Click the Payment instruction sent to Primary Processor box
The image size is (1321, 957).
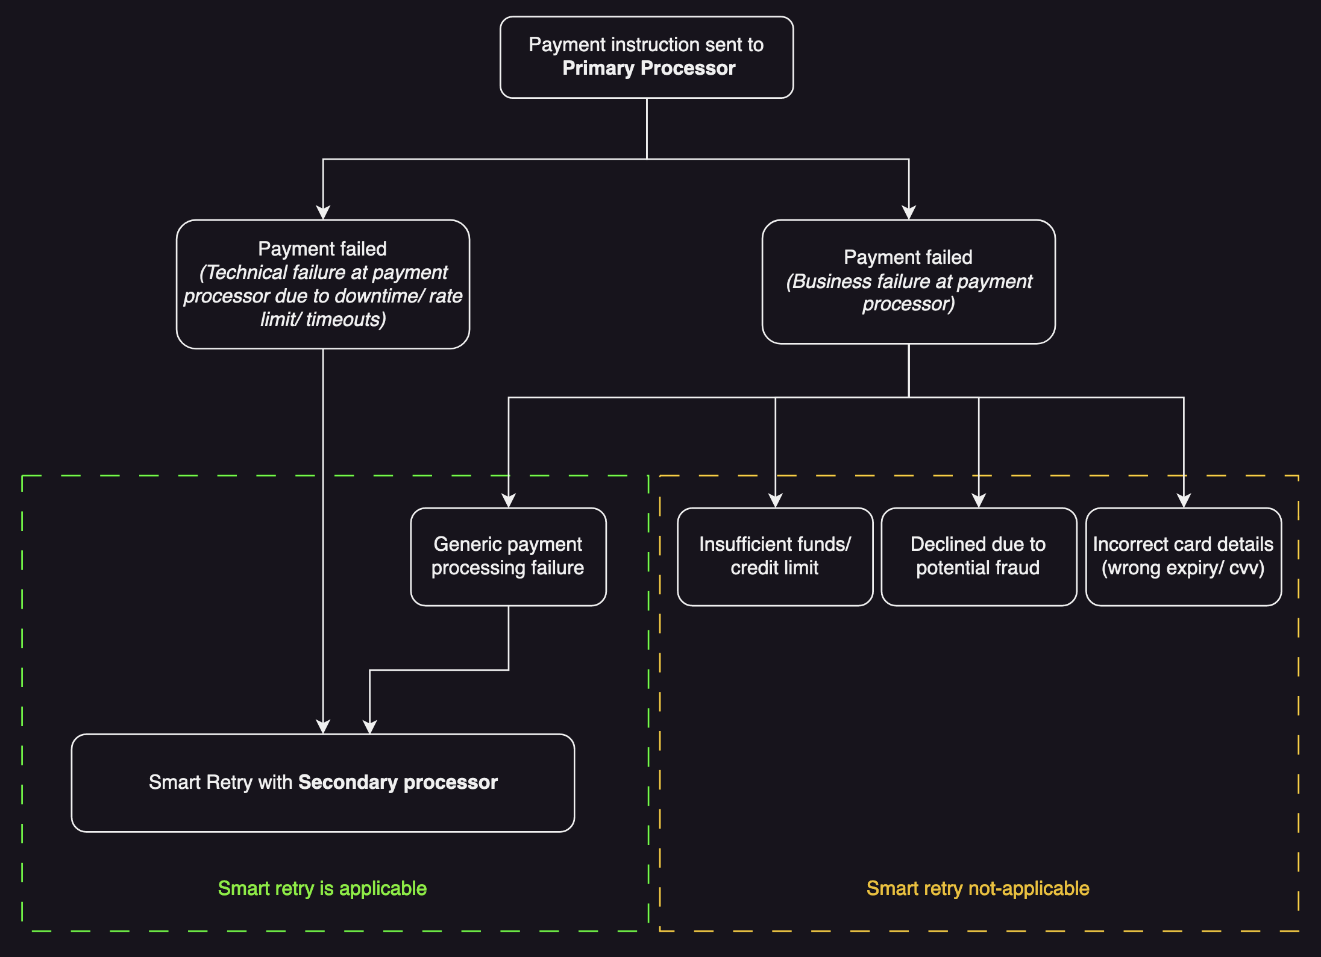pyautogui.click(x=647, y=57)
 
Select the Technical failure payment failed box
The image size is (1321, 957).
pyautogui.click(x=323, y=284)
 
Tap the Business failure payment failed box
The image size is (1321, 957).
pyautogui.click(x=908, y=281)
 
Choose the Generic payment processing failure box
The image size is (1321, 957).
pyautogui.click(x=508, y=556)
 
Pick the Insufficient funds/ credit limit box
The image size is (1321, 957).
pyautogui.click(x=775, y=556)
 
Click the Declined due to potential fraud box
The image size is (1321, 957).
pyautogui.click(x=978, y=556)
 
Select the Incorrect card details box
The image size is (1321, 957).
pyautogui.click(x=1183, y=556)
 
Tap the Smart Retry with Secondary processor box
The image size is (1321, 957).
pyautogui.click(x=323, y=782)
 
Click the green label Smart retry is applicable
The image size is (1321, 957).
pyautogui.click(x=322, y=888)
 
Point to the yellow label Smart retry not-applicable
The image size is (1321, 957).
pyautogui.click(x=977, y=888)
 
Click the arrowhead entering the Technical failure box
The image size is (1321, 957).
pyautogui.click(x=323, y=213)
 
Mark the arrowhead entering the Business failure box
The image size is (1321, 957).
pyautogui.click(x=909, y=213)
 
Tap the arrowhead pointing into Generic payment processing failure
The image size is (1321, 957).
pyautogui.click(x=509, y=501)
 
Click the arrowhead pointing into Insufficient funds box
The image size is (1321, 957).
pyautogui.click(x=776, y=501)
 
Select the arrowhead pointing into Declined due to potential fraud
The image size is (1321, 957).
pyautogui.click(x=979, y=501)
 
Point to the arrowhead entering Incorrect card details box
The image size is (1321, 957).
pyautogui.click(x=1184, y=501)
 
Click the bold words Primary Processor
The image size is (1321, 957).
pyautogui.click(x=648, y=68)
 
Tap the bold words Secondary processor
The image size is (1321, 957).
pyautogui.click(x=398, y=782)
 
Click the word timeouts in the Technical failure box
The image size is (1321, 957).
pyautogui.click(x=345, y=319)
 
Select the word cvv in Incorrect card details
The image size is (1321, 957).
pyautogui.click(x=1246, y=568)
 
